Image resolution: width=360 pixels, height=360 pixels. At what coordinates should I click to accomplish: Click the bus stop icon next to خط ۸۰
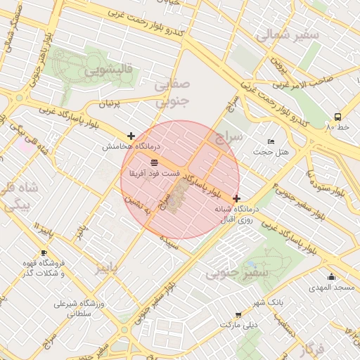(338, 117)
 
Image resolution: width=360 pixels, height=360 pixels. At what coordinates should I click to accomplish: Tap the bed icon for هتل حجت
(271, 142)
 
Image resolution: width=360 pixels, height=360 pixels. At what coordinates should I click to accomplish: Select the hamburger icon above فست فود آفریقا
(154, 162)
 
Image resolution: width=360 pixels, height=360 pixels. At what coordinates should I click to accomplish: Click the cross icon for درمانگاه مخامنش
(131, 136)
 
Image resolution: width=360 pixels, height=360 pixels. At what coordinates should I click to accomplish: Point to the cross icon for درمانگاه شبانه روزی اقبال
(236, 199)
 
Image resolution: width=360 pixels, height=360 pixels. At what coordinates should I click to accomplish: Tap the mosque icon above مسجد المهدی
(331, 276)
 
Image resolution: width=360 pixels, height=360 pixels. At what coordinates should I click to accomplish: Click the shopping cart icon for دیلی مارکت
(238, 315)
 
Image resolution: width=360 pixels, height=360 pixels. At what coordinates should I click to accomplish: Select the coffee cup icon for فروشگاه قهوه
(44, 252)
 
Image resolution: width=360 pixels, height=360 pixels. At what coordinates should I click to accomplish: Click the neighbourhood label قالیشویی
(109, 70)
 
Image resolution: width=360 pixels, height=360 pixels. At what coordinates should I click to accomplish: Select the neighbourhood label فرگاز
(309, 349)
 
